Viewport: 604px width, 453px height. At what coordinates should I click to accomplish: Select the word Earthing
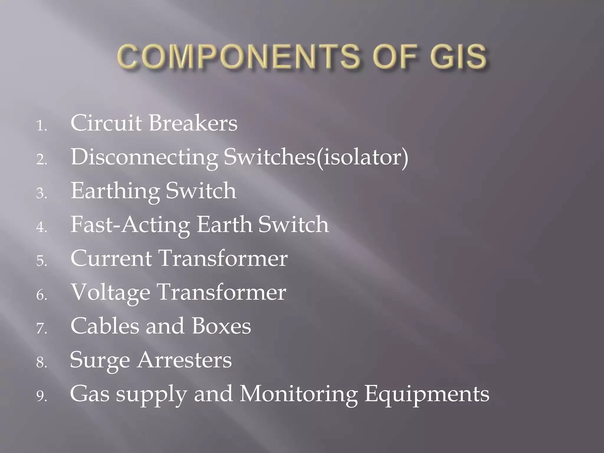pyautogui.click(x=115, y=191)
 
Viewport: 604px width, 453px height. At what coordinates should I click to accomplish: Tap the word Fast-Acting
pyautogui.click(x=130, y=224)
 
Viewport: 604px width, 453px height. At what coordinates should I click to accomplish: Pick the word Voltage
pyautogui.click(x=111, y=292)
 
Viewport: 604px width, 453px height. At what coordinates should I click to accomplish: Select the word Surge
pyautogui.click(x=100, y=360)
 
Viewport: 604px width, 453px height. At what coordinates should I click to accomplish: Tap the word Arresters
pyautogui.click(x=185, y=360)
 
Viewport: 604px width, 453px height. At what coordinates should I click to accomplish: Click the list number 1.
pyautogui.click(x=41, y=126)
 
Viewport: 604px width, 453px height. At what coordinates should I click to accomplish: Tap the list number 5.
pyautogui.click(x=41, y=261)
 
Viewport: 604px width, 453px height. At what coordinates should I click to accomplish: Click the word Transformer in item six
pyautogui.click(x=221, y=292)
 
